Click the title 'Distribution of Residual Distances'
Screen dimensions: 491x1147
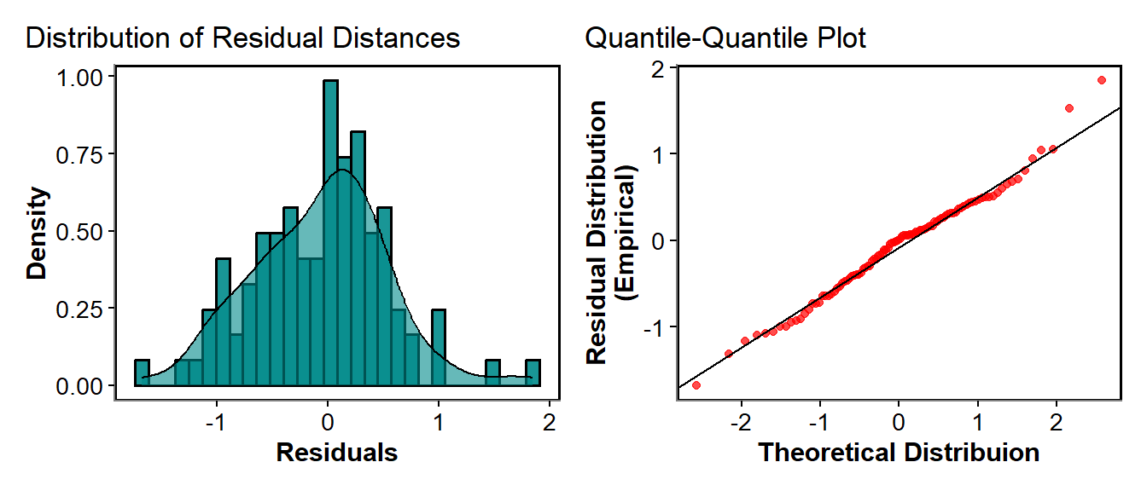242,38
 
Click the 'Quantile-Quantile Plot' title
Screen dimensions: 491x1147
725,38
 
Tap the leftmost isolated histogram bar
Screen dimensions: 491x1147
142,373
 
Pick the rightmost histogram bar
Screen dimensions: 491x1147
533,373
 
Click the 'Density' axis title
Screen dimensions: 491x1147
38,233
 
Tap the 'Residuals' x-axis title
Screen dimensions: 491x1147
336,452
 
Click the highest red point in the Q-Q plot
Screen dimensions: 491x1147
1101,80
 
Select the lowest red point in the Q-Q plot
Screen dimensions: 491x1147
696,385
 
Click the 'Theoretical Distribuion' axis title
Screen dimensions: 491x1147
899,452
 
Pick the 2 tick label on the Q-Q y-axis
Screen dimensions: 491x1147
658,69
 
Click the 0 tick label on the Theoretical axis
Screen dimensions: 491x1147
899,422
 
